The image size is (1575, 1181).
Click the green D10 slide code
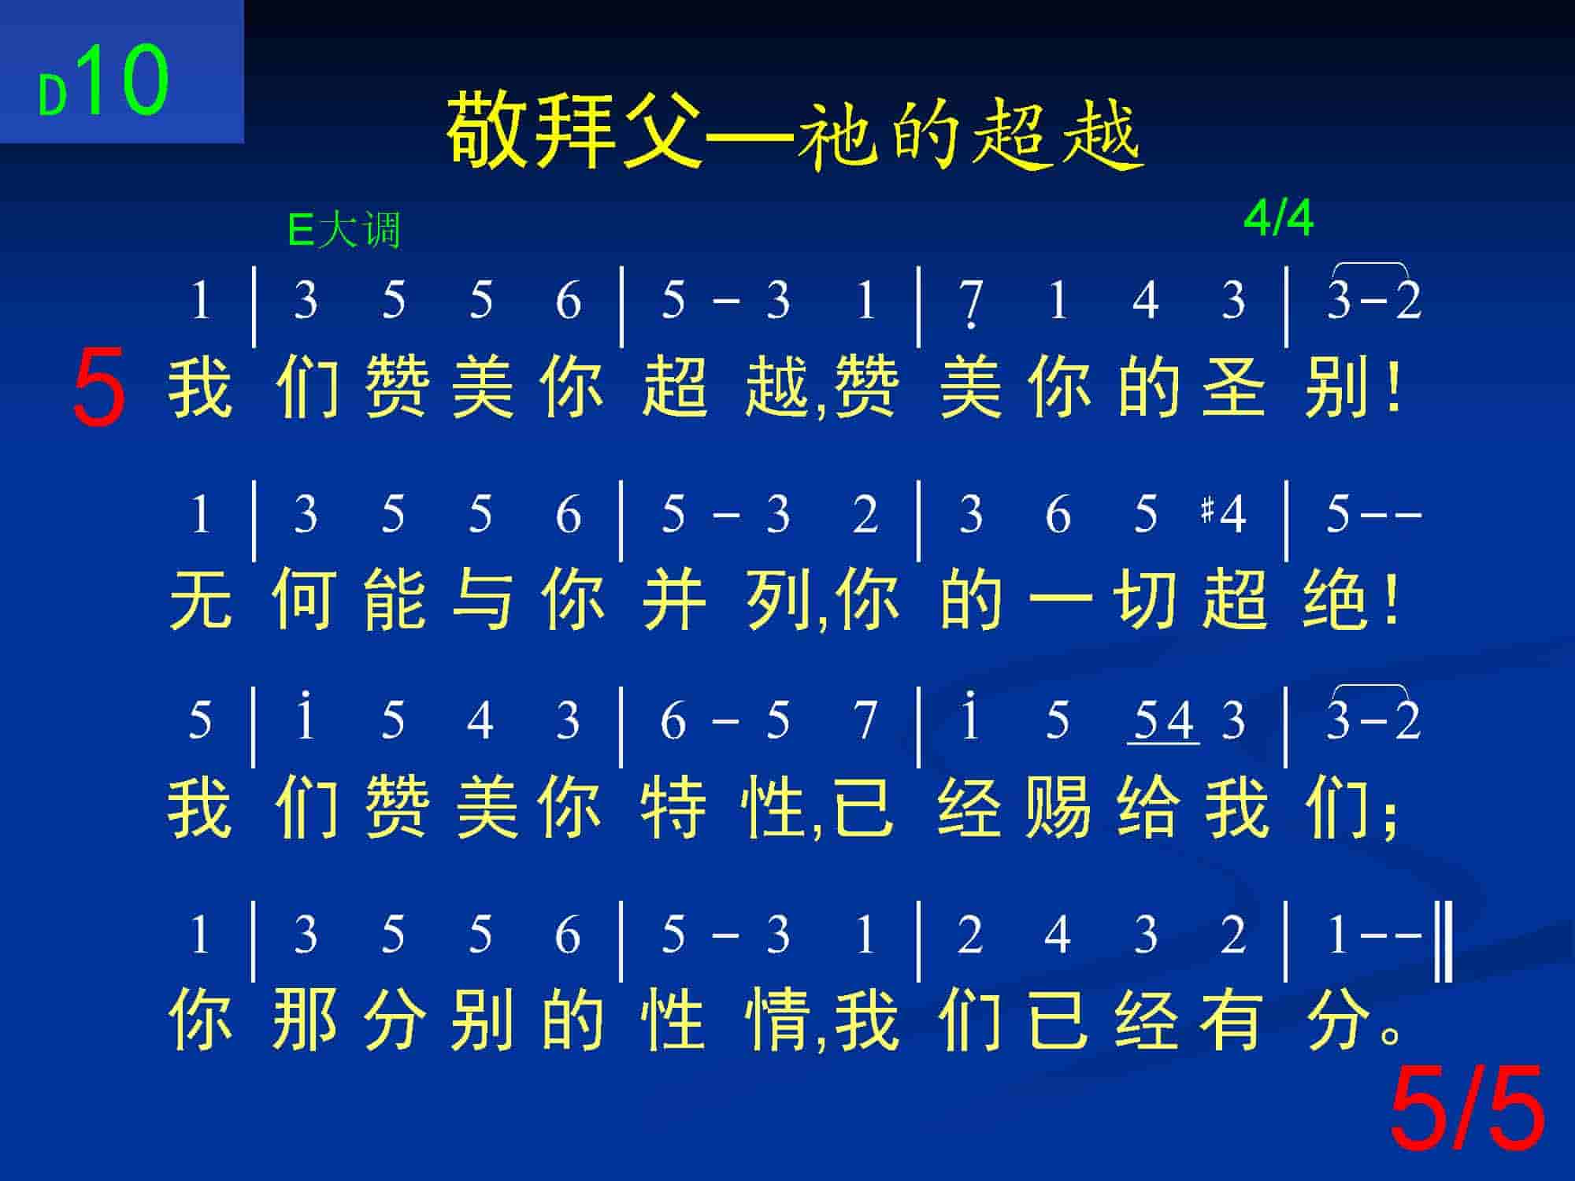click(x=104, y=81)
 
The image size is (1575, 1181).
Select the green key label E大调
click(x=344, y=230)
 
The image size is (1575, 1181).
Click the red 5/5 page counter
click(x=1466, y=1109)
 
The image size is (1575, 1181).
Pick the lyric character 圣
click(x=1233, y=387)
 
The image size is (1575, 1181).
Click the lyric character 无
click(x=200, y=599)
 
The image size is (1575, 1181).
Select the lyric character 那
click(x=305, y=1020)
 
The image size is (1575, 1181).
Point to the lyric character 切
click(x=1147, y=599)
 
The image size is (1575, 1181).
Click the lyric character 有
click(x=1233, y=1020)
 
